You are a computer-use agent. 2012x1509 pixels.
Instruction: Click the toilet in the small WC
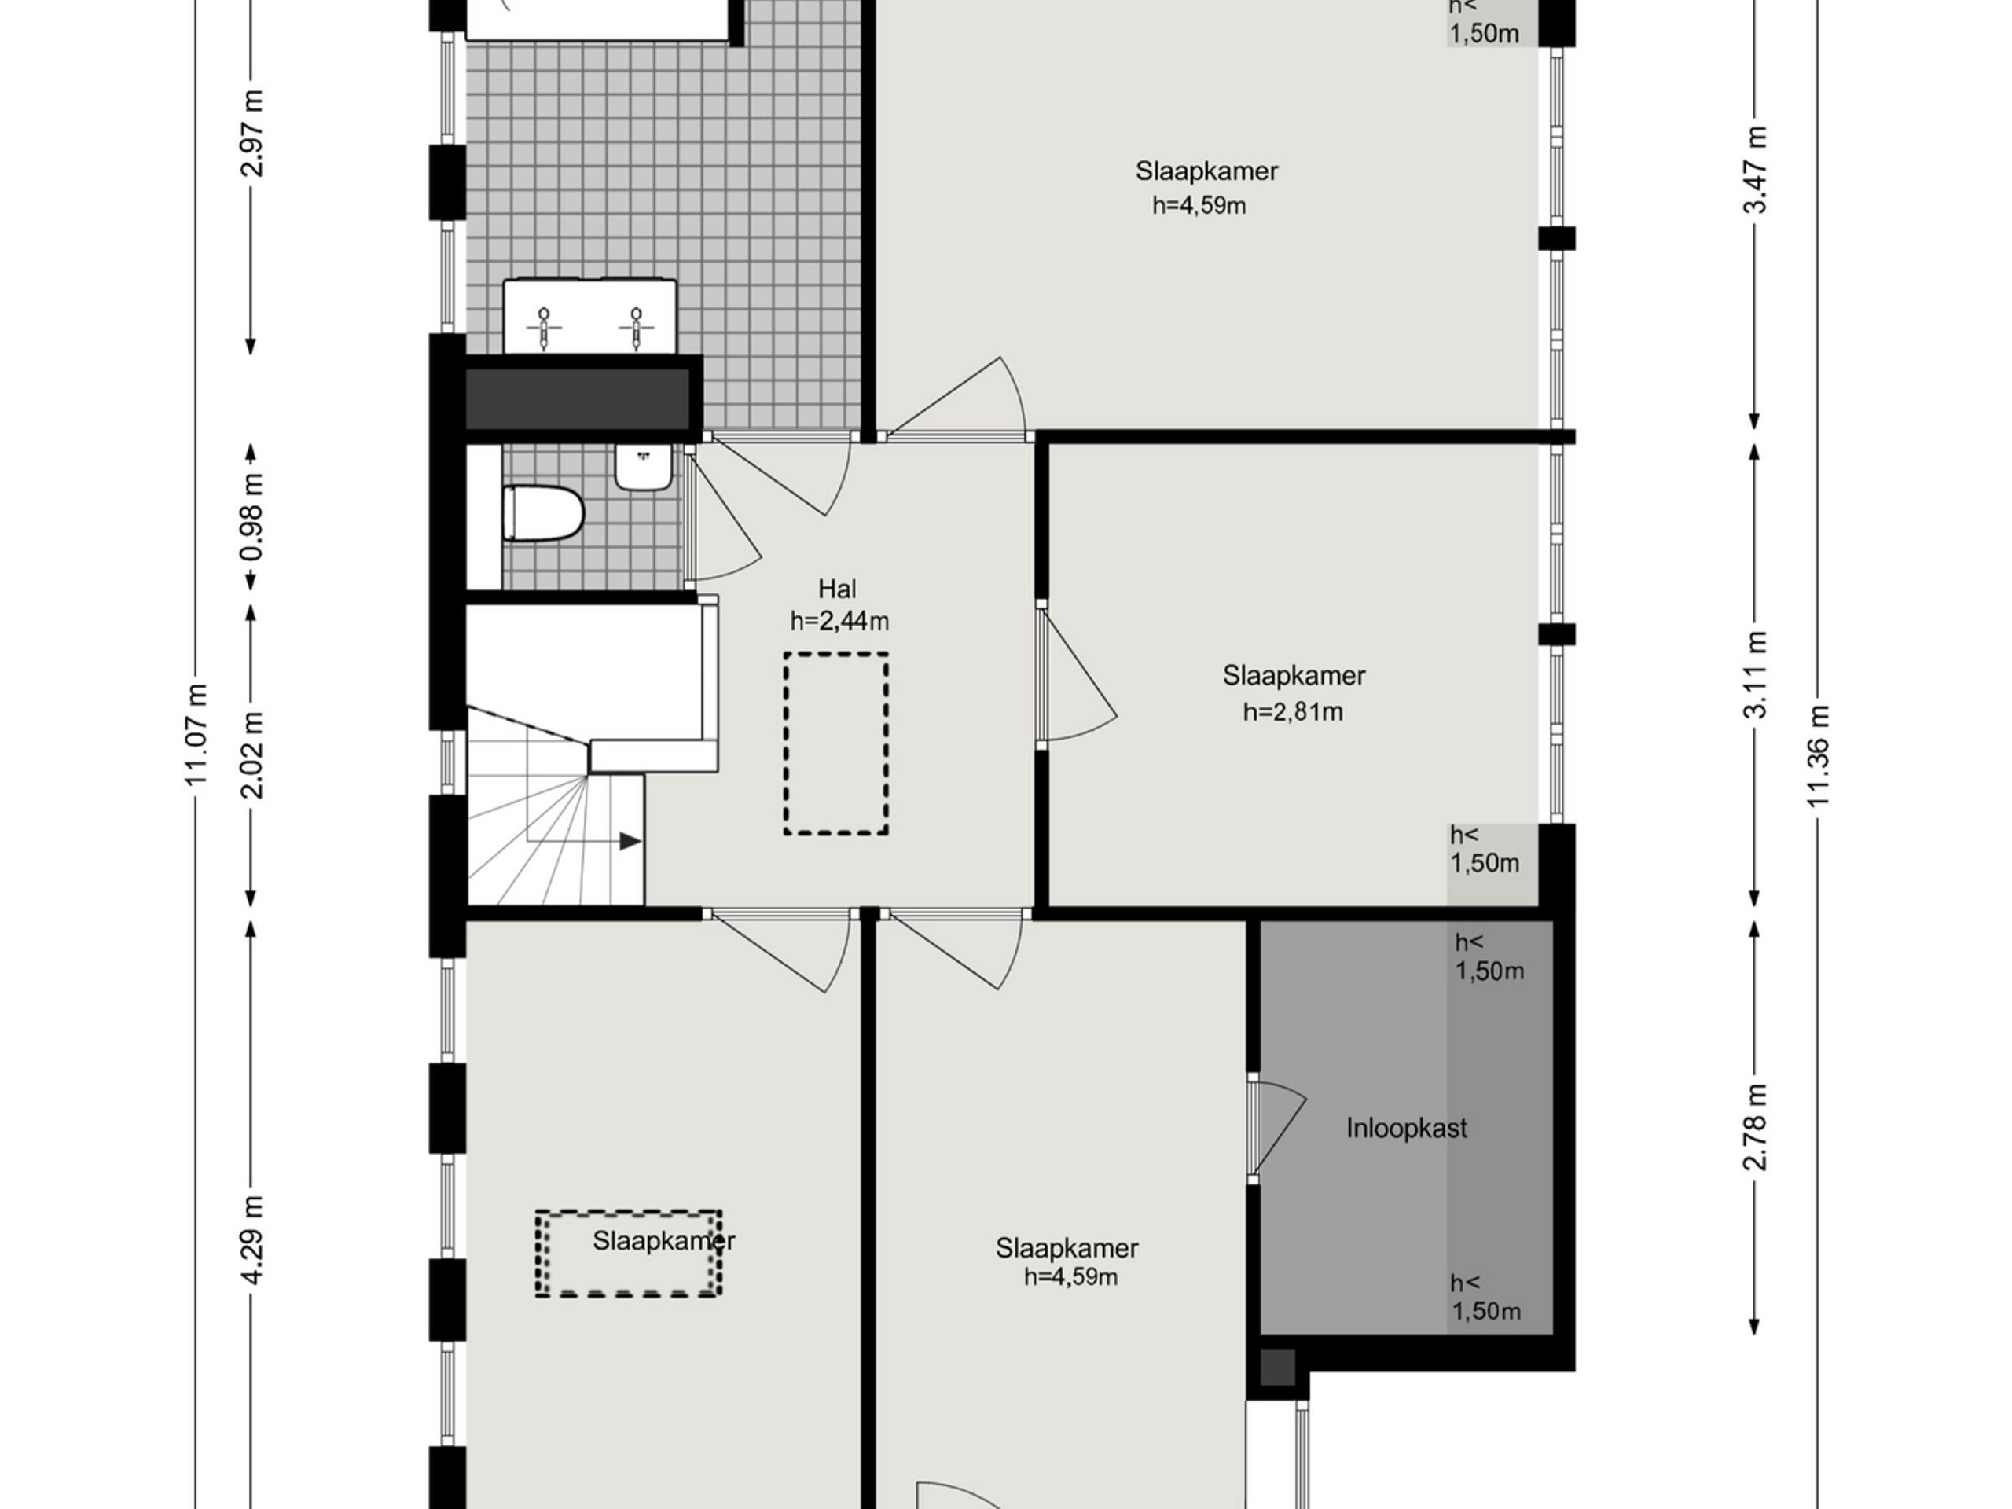pos(543,513)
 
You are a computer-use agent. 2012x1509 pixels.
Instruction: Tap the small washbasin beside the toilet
pos(644,467)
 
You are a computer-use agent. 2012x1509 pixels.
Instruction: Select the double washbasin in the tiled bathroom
pos(590,317)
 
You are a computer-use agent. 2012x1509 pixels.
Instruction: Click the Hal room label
pos(837,589)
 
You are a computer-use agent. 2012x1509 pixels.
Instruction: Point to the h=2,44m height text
pos(839,621)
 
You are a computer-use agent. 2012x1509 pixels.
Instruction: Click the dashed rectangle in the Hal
pos(836,743)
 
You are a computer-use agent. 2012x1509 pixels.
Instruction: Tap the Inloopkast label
pos(1406,1129)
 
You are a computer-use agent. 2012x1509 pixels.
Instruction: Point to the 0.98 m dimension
pos(252,516)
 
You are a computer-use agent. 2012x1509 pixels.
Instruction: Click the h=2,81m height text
pos(1293,712)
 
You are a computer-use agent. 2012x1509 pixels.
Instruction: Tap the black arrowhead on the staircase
pos(630,842)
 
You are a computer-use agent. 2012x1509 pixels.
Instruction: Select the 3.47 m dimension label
pos(1756,169)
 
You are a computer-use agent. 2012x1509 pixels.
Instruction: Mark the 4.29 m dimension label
pos(252,1239)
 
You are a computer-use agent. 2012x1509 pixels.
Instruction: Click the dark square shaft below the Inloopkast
pos(1277,1367)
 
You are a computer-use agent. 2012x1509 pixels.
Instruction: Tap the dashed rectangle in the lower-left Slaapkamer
pos(629,1254)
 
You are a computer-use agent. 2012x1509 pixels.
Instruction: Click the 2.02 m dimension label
pos(252,755)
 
